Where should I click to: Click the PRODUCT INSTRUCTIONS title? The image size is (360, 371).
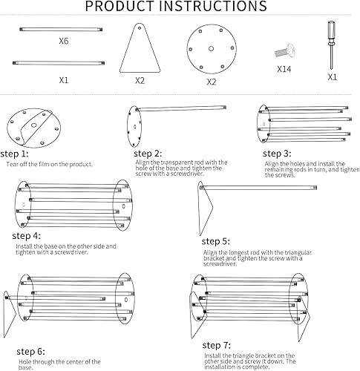[176, 7]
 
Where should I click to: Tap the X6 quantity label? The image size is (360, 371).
[63, 41]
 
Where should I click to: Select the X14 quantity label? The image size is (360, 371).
[284, 69]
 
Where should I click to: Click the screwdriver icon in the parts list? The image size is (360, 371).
[328, 44]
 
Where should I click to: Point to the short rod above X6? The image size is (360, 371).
[63, 30]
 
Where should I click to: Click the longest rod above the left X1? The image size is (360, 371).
[63, 63]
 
